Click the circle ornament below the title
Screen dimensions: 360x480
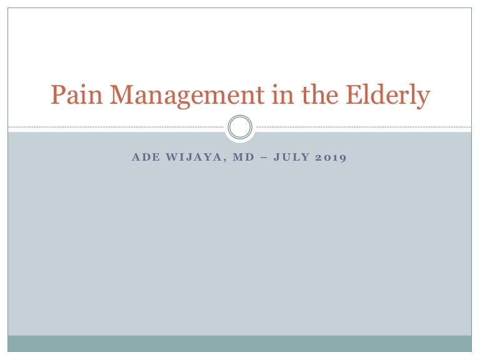pos(240,127)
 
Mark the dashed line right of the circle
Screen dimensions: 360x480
pos(362,127)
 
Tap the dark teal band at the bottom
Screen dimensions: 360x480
pos(240,343)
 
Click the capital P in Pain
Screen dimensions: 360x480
pos(58,96)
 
